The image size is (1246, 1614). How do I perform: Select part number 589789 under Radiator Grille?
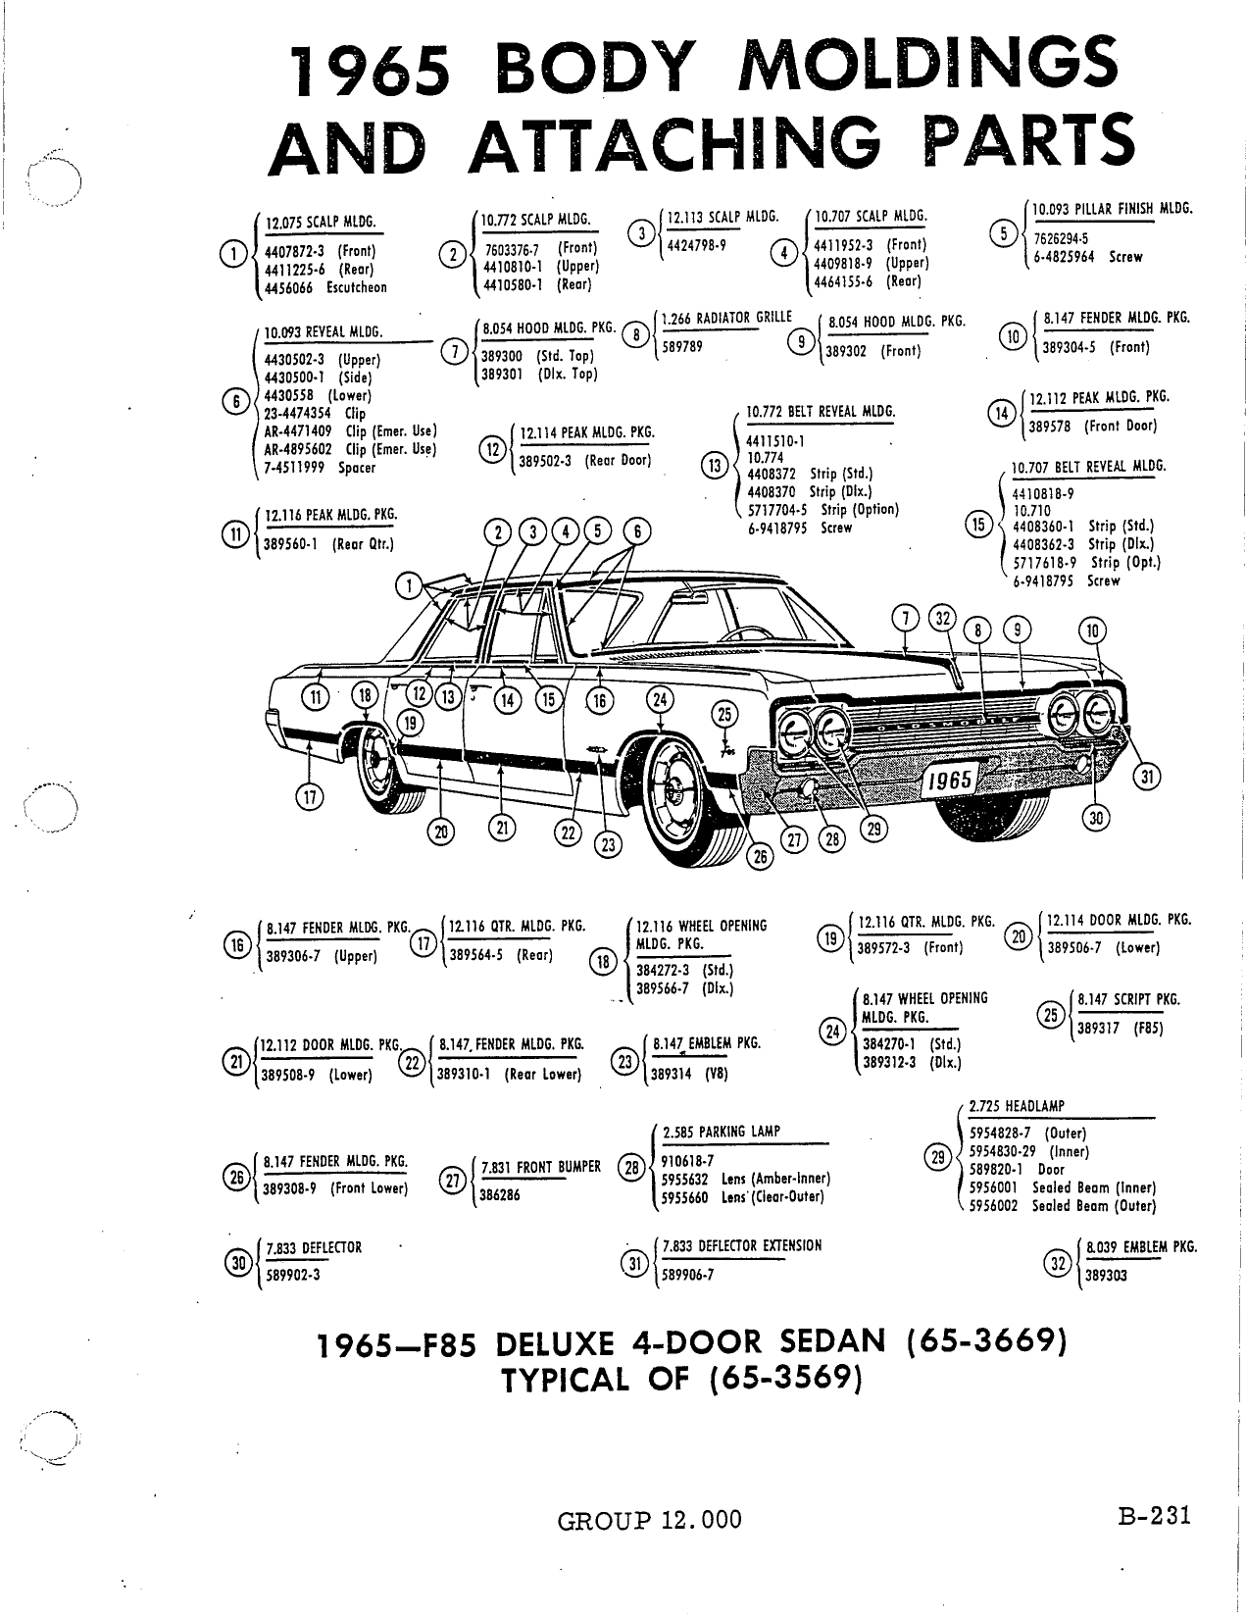682,346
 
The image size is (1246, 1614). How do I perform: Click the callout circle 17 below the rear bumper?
310,798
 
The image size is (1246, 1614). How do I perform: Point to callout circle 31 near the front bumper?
1147,777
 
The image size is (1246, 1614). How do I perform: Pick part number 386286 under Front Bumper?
500,1195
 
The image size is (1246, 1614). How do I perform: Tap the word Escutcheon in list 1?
357,287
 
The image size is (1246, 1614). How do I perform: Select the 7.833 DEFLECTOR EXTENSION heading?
742,1245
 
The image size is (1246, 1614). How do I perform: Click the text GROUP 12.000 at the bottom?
649,1519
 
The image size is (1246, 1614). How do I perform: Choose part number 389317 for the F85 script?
1098,1029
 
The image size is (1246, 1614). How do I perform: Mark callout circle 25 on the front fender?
724,715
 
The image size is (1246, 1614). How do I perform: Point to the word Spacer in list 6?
357,468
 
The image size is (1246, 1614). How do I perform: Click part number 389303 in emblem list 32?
1106,1276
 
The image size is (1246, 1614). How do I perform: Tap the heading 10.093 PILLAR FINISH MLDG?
1113,209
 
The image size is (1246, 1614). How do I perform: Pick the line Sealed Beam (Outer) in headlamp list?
1094,1206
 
